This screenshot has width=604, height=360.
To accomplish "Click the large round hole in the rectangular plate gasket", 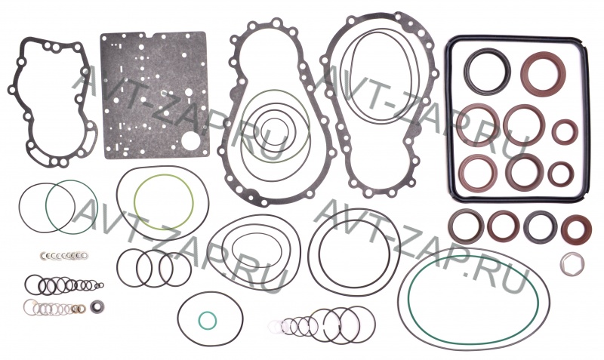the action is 190,142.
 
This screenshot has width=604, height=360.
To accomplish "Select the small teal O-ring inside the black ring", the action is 207,320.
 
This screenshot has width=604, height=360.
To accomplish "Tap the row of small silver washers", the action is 64,255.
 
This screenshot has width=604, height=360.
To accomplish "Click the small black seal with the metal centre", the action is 96,307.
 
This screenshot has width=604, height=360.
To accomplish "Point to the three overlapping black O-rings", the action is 154,268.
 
